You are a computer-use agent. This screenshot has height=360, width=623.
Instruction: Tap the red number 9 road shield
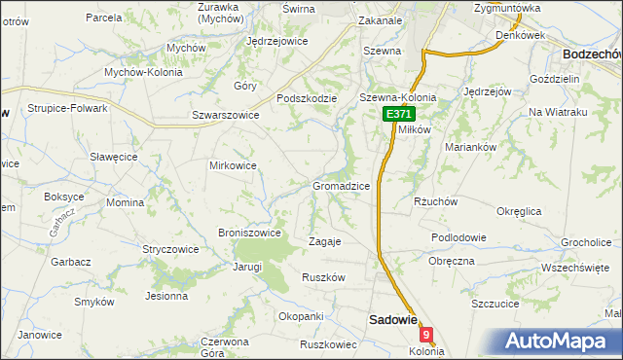coord(425,335)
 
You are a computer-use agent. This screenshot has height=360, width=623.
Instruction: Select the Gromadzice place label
coord(340,185)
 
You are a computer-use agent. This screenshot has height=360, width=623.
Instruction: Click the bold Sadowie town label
coord(391,318)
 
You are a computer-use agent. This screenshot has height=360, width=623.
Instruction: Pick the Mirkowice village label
coord(234,165)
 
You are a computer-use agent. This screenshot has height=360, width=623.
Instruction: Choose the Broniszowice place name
coord(250,233)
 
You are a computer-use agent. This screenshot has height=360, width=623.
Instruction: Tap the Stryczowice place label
coord(170,249)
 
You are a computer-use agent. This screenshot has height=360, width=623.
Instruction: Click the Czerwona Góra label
coord(218,347)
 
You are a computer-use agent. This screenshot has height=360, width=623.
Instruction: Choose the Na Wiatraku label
coord(559,113)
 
